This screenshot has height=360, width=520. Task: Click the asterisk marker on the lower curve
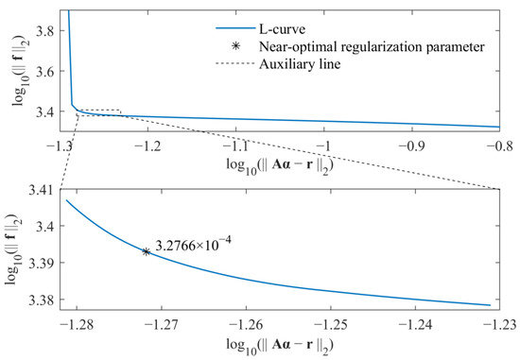pos(146,251)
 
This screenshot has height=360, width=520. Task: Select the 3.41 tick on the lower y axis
pos(39,190)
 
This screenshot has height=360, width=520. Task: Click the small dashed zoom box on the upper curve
pos(97,113)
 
